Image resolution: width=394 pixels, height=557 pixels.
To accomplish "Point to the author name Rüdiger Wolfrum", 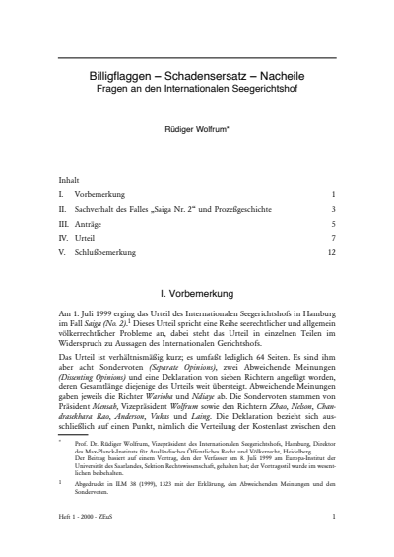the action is [197, 127].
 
